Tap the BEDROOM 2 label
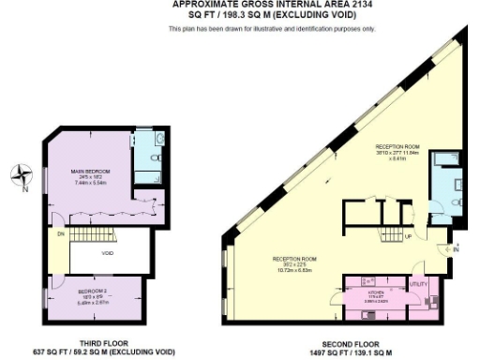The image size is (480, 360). point(93,292)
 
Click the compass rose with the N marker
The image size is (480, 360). point(23,175)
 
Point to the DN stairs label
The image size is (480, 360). point(61,233)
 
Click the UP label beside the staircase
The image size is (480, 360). point(407,236)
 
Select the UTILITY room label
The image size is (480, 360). point(419,282)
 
